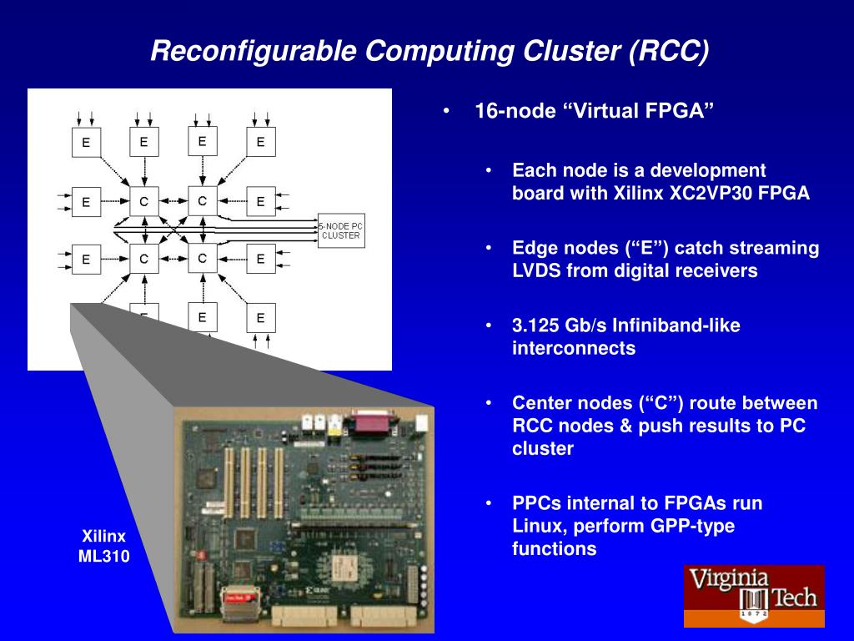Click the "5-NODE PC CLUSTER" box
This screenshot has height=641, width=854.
coord(341,230)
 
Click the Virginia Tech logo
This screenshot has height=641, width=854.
coord(754,596)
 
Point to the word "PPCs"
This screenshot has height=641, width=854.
coord(535,503)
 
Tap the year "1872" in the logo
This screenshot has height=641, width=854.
coord(753,616)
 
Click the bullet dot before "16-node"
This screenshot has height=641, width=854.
coord(448,112)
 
